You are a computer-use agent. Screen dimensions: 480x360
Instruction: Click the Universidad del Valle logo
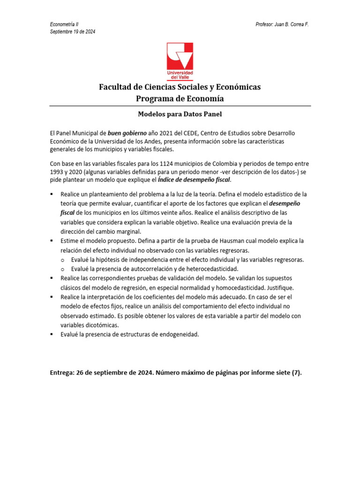tap(180, 61)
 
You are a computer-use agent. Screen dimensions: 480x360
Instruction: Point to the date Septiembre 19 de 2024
tap(73, 31)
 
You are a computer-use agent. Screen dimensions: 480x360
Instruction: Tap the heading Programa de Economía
tap(180, 98)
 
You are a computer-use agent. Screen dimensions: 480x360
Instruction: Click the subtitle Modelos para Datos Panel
tap(180, 114)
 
